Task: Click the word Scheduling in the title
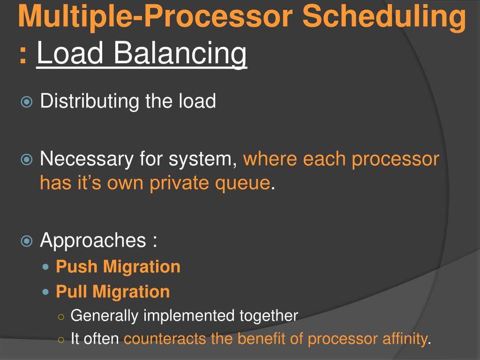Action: coord(384,17)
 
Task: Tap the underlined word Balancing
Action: coord(180,54)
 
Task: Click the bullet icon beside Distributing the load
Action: coord(27,102)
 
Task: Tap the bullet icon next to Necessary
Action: coord(27,159)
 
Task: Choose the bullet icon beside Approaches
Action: coord(27,241)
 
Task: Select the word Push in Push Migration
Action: coord(76,266)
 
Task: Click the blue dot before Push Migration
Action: coord(45,267)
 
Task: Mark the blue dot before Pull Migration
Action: coord(45,292)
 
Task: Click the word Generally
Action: coord(105,316)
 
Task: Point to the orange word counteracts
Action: coord(165,339)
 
